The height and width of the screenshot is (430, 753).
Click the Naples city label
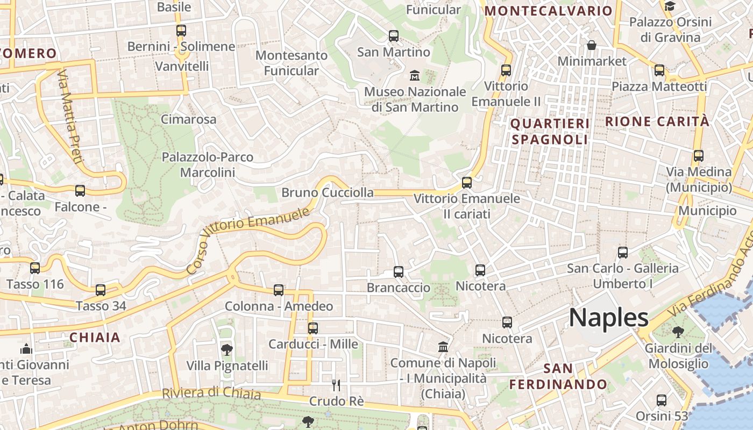(x=609, y=318)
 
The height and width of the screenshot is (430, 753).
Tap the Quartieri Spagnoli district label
(x=550, y=132)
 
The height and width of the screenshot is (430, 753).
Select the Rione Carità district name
(x=657, y=121)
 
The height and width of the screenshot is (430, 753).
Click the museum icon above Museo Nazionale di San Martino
(x=415, y=75)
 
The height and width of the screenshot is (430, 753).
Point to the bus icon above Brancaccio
(x=399, y=272)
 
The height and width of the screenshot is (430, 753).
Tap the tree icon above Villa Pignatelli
(x=227, y=350)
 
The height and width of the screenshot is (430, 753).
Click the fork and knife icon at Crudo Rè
(x=336, y=385)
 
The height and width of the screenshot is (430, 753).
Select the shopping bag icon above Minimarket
(x=592, y=45)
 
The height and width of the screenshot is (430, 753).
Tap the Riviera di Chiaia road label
(x=211, y=393)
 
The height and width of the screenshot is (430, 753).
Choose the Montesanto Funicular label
(x=292, y=63)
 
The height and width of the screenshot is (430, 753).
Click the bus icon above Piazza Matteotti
(x=659, y=70)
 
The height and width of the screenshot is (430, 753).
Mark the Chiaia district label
(x=95, y=338)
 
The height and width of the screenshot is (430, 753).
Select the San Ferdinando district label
(x=558, y=376)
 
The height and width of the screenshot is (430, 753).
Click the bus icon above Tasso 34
(x=101, y=290)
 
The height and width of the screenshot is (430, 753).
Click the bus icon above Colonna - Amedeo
(x=279, y=290)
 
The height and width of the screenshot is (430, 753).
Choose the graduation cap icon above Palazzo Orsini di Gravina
(x=670, y=6)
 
